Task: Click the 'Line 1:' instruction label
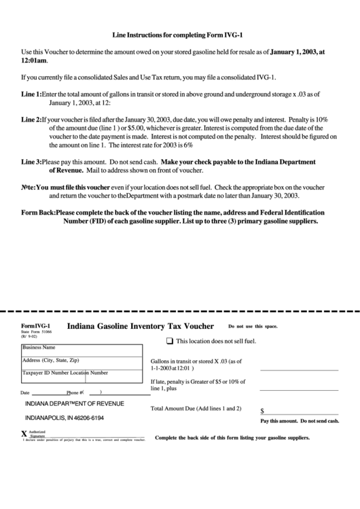[31, 93]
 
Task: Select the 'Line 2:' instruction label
[31, 119]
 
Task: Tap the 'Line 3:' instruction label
[31, 162]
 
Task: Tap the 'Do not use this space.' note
[253, 327]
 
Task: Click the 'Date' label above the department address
[25, 393]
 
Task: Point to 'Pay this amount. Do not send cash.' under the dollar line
[299, 421]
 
